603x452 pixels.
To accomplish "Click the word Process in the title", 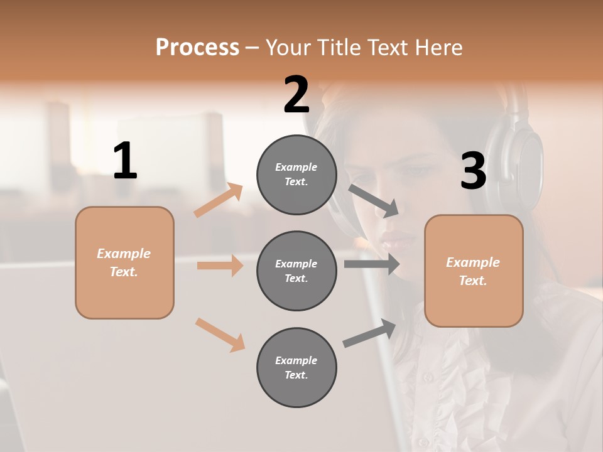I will click(x=197, y=47).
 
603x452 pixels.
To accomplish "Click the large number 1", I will click(x=125, y=161).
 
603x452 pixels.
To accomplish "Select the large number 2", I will click(x=296, y=95).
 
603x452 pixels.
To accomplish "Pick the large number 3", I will click(x=473, y=171).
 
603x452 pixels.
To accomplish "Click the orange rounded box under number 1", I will click(x=124, y=262).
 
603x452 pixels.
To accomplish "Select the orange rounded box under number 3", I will click(x=474, y=271).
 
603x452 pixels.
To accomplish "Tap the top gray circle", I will click(x=296, y=175).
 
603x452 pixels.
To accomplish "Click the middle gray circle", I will click(x=296, y=271).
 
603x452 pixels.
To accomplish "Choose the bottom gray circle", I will click(x=296, y=367).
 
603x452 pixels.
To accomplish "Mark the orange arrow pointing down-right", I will click(x=220, y=335).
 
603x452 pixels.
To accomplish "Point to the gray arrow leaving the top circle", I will click(x=374, y=200).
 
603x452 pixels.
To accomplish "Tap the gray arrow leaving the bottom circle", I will click(x=370, y=333).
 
